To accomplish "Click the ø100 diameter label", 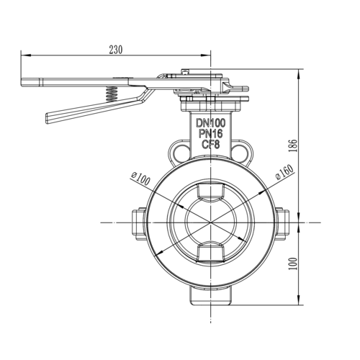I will click(141, 175).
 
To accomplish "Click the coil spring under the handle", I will click(112, 94).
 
